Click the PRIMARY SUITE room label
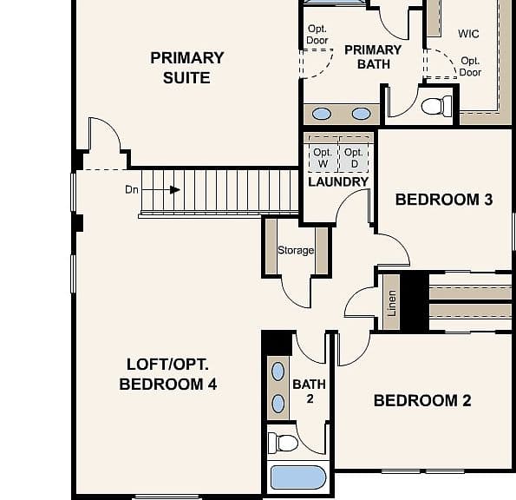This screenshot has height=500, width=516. [187, 68]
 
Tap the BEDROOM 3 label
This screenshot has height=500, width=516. [444, 200]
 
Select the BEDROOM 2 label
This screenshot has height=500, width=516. [422, 400]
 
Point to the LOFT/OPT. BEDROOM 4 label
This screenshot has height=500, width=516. [168, 374]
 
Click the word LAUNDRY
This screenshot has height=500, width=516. [338, 181]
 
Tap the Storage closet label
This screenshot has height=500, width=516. [296, 250]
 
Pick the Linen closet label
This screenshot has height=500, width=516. [392, 303]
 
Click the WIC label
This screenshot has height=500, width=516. [468, 34]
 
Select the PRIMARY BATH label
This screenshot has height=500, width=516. [373, 57]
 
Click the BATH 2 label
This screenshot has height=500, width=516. [310, 391]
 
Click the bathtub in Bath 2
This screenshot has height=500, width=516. [298, 477]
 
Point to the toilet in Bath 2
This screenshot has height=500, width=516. [283, 443]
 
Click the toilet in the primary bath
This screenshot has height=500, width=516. [437, 106]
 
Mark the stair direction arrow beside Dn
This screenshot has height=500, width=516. [161, 190]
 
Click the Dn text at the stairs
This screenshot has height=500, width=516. [132, 190]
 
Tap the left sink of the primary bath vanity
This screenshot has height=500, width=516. [322, 114]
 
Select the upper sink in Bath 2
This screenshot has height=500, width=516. [278, 372]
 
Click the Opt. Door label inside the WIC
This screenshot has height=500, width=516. [470, 67]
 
